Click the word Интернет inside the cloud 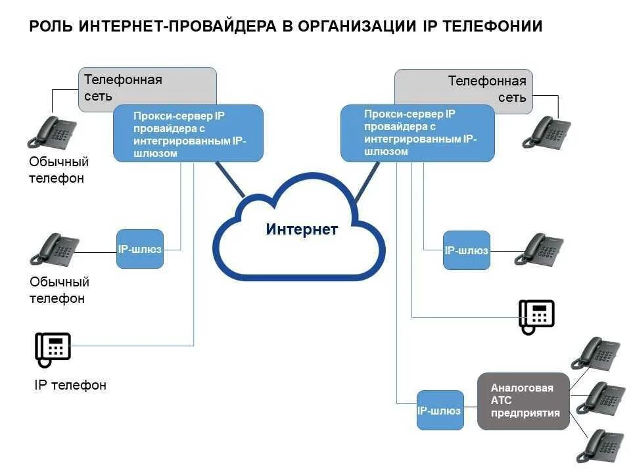click(x=302, y=229)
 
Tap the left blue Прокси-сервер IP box click(x=188, y=133)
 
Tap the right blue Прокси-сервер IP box click(x=417, y=133)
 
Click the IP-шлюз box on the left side click(x=139, y=249)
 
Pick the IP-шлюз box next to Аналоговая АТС click(x=440, y=410)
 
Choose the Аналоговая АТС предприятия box click(x=523, y=401)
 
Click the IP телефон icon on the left click(x=53, y=349)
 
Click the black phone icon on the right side click(x=536, y=317)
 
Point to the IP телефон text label click(x=70, y=385)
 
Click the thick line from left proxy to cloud click(x=229, y=179)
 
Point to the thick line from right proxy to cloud click(x=367, y=181)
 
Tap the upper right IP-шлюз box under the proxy click(x=466, y=250)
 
